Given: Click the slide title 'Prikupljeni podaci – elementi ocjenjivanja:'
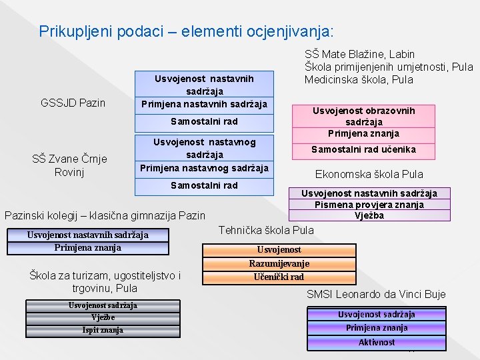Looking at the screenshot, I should (187, 31).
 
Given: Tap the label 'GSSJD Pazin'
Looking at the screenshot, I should (73, 103).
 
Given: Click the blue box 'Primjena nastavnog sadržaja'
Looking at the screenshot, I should (204, 167).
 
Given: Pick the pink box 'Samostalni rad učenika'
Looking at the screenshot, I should (364, 149).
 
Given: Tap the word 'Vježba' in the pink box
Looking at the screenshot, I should (369, 215).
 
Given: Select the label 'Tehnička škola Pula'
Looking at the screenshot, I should (266, 230).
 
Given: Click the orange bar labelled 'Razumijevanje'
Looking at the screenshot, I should (279, 263).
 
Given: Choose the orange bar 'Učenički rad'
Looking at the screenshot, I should (279, 277).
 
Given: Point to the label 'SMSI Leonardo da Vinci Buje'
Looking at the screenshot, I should (376, 294).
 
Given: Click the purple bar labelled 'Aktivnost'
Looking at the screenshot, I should (377, 343).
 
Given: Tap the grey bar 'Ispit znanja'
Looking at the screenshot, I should (103, 330).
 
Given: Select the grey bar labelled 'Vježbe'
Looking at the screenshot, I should (103, 317).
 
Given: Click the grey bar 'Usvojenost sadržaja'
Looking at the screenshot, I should (103, 305).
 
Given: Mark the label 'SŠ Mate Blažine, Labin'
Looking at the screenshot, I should (359, 54).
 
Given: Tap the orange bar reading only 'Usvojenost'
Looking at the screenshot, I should (279, 250).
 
